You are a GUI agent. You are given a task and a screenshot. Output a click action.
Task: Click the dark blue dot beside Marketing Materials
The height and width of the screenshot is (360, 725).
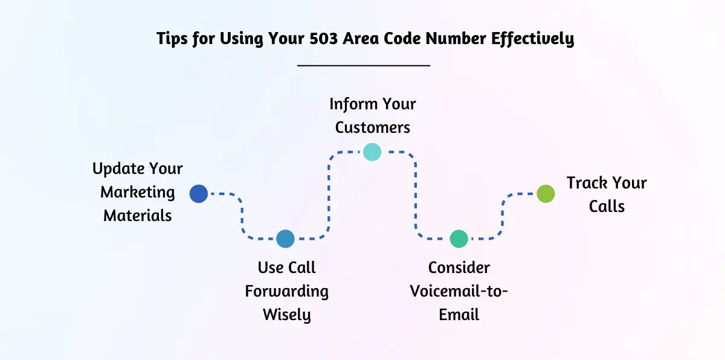[x=198, y=194]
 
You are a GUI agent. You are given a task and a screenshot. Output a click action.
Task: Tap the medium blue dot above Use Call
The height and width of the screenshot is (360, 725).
[x=285, y=239]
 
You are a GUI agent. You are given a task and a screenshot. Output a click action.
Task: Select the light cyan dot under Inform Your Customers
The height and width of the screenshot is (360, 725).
[x=372, y=152]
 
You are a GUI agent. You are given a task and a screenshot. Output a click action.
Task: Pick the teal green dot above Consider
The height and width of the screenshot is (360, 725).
[x=459, y=239]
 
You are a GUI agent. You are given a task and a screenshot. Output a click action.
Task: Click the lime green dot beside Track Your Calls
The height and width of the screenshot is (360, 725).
[x=546, y=194]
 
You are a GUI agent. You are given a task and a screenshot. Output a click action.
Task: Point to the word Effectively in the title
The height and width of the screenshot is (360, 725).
[x=533, y=39]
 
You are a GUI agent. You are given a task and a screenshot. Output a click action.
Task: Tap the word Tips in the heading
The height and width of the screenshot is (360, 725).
[x=172, y=39]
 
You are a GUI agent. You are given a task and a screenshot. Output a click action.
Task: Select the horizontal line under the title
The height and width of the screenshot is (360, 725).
[x=364, y=65]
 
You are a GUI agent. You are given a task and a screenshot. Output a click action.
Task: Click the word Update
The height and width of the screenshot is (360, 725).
[x=118, y=169]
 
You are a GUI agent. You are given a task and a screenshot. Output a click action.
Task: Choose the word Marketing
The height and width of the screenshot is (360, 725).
[x=138, y=193]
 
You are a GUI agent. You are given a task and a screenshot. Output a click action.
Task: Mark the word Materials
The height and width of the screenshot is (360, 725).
[x=138, y=216]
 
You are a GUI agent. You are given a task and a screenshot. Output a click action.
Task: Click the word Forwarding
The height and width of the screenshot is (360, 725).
[x=287, y=291]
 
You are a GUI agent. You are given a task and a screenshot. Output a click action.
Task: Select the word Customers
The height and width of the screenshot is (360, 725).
[x=373, y=127]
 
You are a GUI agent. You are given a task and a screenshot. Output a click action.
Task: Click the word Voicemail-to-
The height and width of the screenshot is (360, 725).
[x=459, y=291]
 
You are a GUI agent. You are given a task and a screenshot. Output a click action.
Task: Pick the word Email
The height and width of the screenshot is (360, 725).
[x=459, y=315]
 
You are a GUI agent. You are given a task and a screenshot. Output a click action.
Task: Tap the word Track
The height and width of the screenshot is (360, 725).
[x=587, y=183]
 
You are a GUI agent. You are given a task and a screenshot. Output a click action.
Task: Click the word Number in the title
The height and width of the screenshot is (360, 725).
[x=456, y=39]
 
